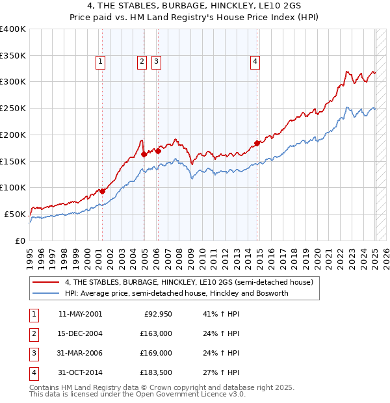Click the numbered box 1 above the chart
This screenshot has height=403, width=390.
(101, 62)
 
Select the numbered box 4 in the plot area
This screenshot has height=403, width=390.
(255, 62)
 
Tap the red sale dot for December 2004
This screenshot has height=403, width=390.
(144, 154)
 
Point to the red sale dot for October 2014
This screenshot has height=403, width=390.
(257, 143)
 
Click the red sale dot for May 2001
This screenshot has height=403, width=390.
(102, 191)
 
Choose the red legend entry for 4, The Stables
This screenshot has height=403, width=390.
(189, 283)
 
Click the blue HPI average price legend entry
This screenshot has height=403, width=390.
(176, 294)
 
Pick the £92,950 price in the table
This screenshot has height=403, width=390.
(157, 314)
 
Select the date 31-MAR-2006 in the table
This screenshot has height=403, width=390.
(80, 353)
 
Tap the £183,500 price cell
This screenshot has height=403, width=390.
(155, 372)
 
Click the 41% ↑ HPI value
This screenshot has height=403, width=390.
(217, 314)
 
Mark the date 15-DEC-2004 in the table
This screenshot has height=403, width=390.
(80, 333)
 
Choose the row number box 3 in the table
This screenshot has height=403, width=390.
(32, 353)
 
